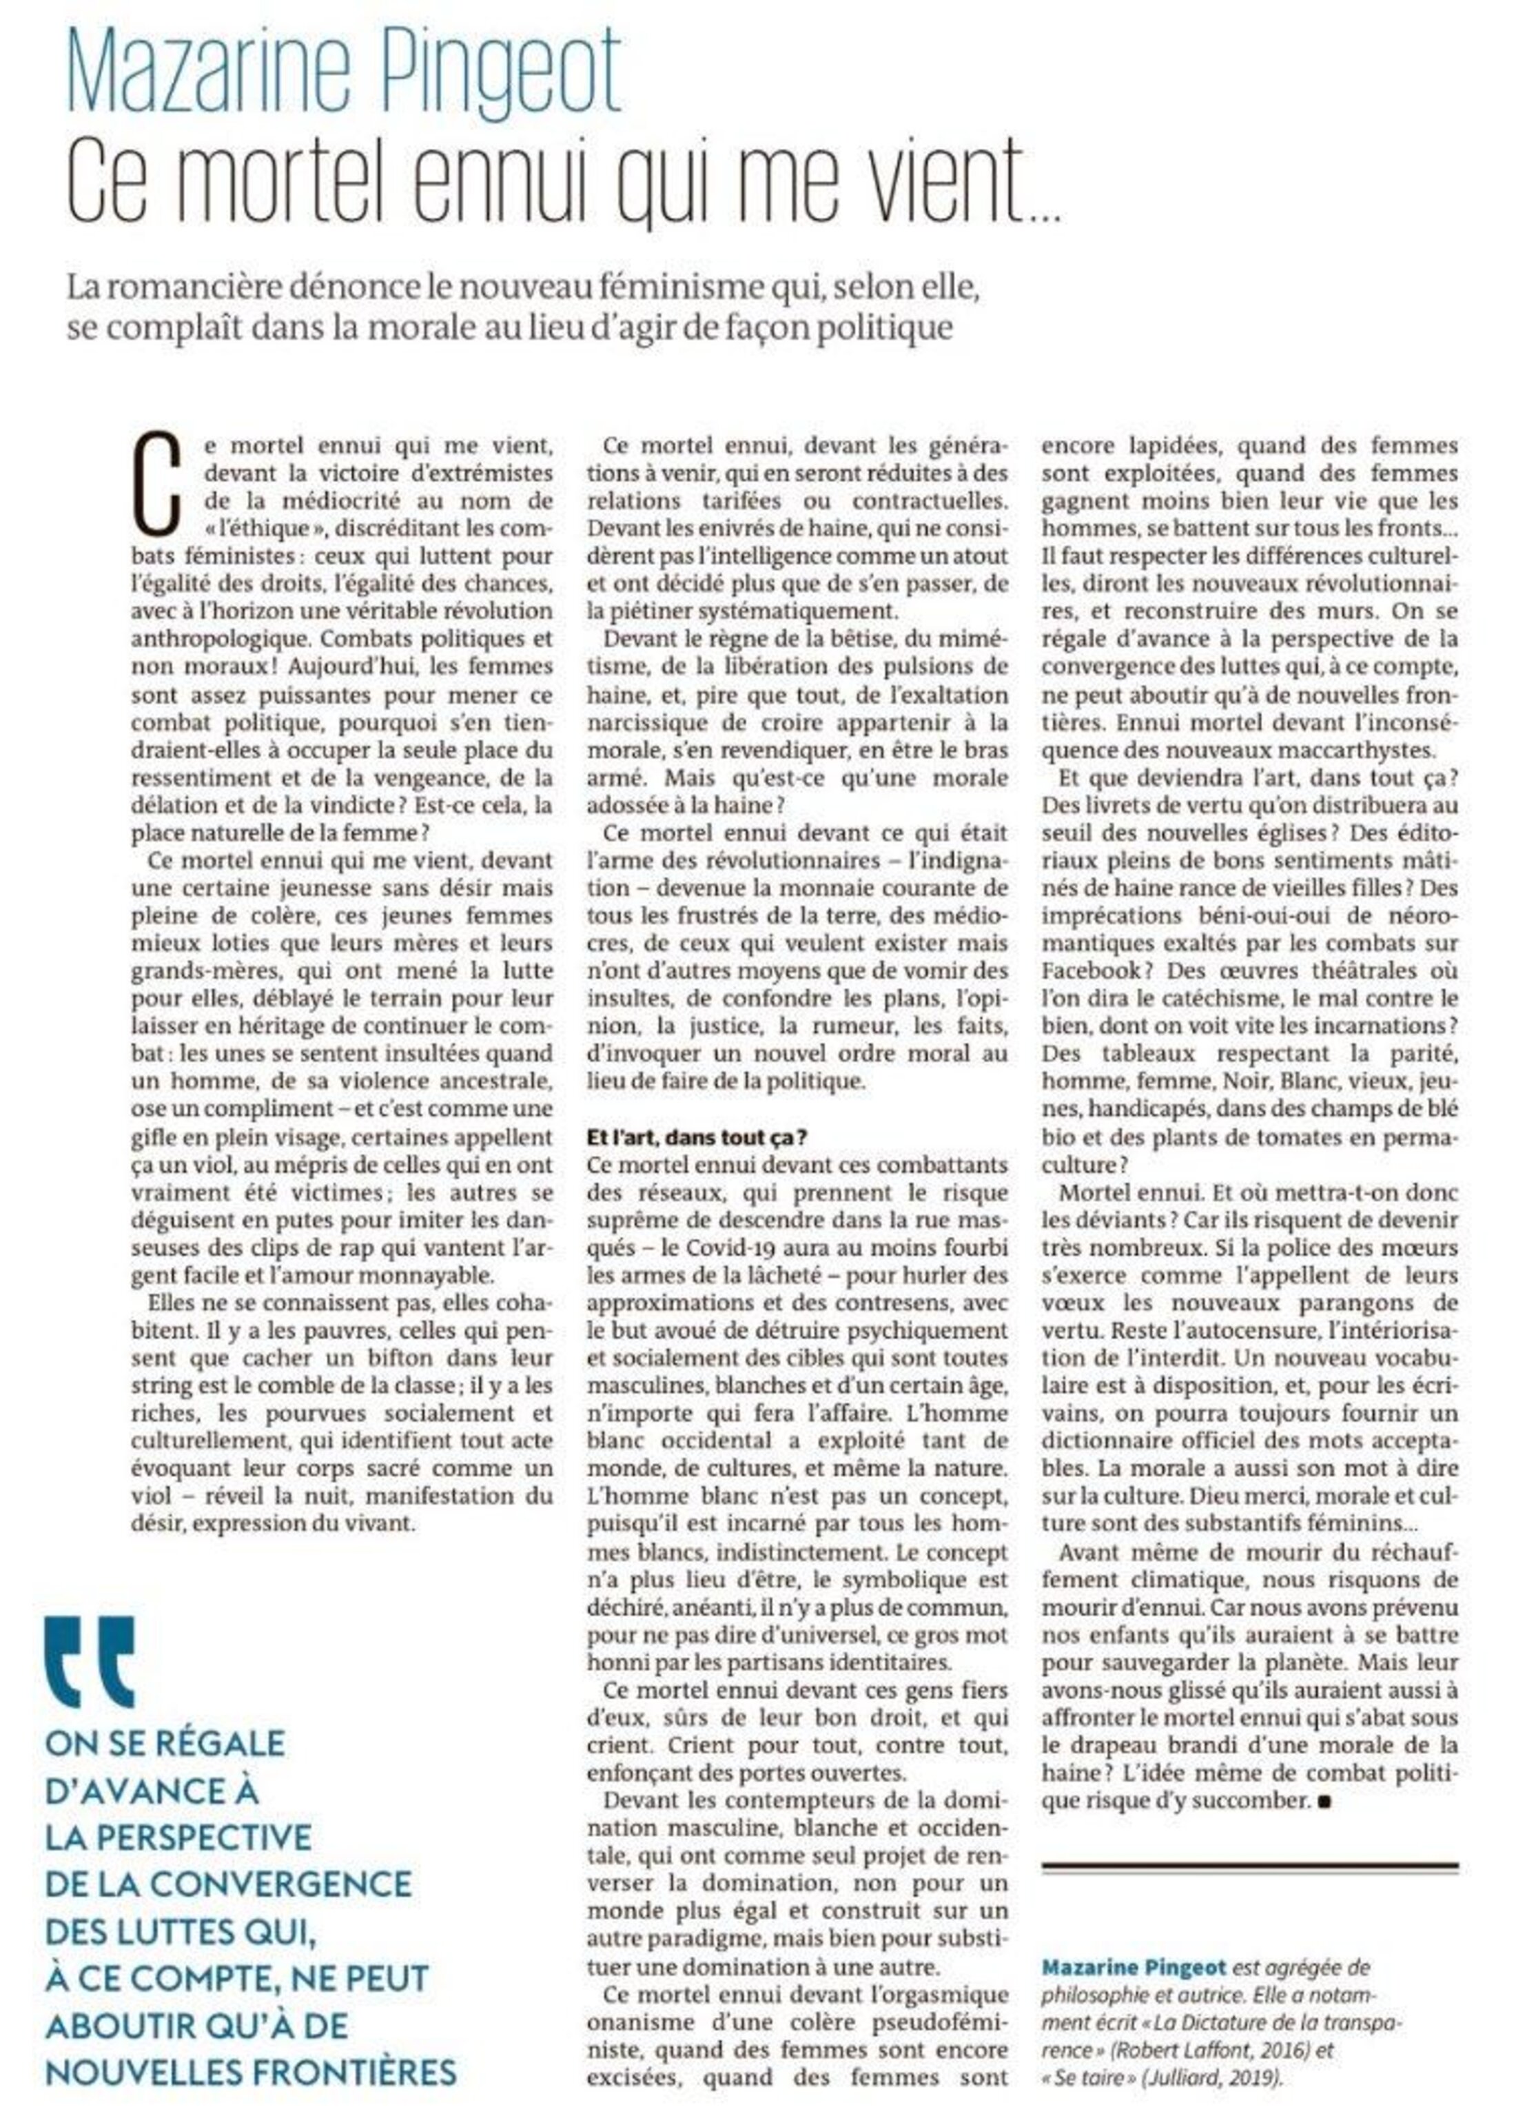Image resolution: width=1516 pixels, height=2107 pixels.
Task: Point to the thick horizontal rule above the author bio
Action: point(1249,1866)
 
